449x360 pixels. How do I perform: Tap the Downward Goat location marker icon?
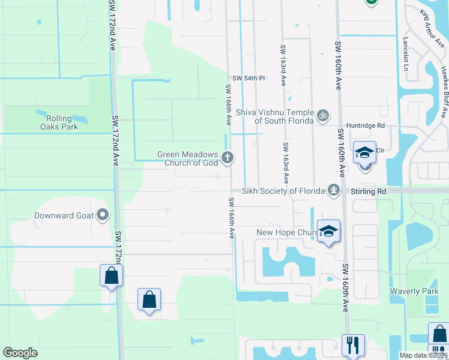click(103, 214)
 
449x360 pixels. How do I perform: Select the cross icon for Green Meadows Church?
click(228, 158)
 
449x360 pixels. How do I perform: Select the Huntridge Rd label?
click(369, 126)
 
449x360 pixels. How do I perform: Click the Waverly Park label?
click(415, 292)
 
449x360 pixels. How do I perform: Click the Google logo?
click(20, 353)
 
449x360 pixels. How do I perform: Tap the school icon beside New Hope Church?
click(328, 231)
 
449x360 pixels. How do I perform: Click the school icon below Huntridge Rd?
click(364, 153)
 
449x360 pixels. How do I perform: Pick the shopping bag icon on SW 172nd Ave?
click(112, 275)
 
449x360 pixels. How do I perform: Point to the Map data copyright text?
click(423, 355)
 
